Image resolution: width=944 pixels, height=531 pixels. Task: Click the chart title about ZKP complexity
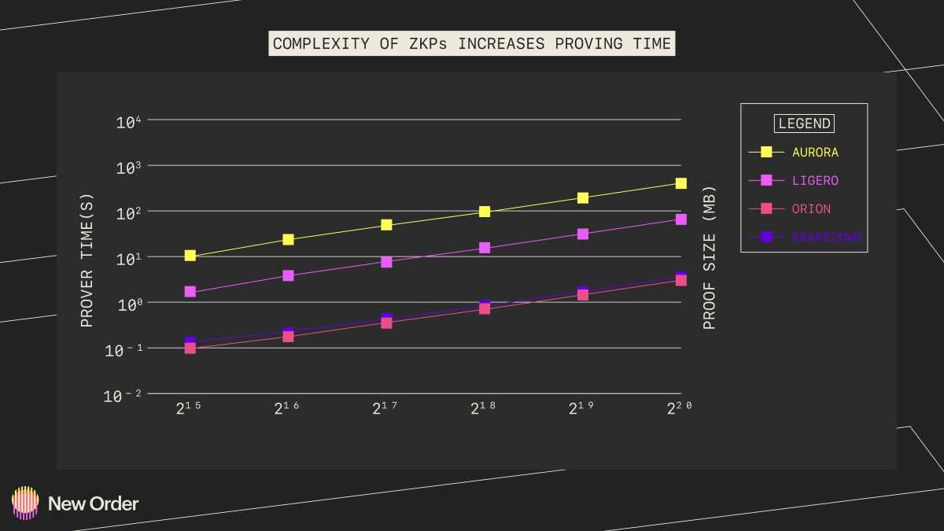tap(472, 43)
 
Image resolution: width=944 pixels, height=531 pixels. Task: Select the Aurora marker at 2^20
tap(681, 183)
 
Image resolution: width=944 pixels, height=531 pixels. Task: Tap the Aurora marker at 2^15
tap(190, 256)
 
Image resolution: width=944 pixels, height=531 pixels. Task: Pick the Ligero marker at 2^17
tap(386, 262)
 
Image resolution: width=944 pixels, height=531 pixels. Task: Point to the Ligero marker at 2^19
tap(583, 234)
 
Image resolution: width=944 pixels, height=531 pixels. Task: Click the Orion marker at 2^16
tap(288, 337)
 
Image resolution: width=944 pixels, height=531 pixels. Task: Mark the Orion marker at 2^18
tap(485, 308)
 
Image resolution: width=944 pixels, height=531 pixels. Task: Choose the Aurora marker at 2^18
tap(485, 212)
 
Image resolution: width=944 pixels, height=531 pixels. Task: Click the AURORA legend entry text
tap(815, 152)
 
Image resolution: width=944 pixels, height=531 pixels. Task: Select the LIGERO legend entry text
tap(815, 180)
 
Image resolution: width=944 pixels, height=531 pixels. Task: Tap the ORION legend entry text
tap(811, 208)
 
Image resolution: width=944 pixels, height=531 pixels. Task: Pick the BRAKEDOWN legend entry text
tap(826, 237)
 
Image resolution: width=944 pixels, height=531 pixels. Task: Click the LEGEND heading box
tap(804, 124)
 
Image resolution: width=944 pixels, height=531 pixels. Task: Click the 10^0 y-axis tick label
tap(127, 303)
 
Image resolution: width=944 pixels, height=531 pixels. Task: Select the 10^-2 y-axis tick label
tap(122, 396)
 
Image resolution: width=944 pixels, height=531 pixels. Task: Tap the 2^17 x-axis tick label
tap(384, 408)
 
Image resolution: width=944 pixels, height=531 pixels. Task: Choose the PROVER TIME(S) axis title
tap(87, 260)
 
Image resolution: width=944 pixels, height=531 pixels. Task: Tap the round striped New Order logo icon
tap(25, 503)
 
